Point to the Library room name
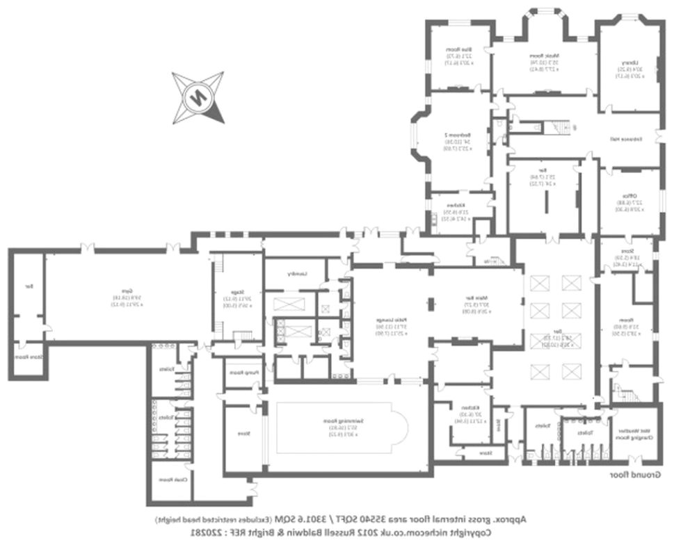pos(629,63)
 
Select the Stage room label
pos(237,293)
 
